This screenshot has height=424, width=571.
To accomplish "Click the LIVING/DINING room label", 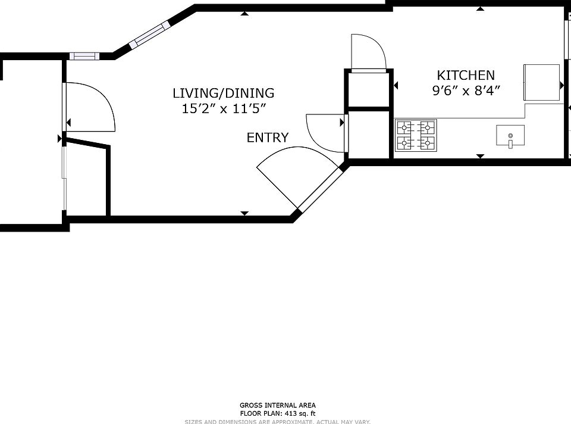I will pyautogui.click(x=223, y=93).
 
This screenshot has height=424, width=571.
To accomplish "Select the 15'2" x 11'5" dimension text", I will pyautogui.click(x=223, y=108).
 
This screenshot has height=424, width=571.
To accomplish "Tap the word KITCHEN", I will pyautogui.click(x=466, y=75).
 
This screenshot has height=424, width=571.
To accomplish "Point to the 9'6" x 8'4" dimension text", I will pyautogui.click(x=466, y=91).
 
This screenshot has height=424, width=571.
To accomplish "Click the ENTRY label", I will pyautogui.click(x=268, y=138).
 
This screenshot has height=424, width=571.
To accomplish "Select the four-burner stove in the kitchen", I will pyautogui.click(x=416, y=135).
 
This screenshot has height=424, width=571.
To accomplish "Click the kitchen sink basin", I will pyautogui.click(x=510, y=135).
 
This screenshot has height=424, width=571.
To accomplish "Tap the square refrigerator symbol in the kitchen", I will pyautogui.click(x=541, y=82).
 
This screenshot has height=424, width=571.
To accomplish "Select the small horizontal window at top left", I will pyautogui.click(x=83, y=56).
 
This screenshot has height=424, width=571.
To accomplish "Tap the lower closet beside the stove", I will pyautogui.click(x=370, y=135).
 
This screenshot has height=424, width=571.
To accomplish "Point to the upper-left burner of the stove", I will pyautogui.click(x=406, y=127).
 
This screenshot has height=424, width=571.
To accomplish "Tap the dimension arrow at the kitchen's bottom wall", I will pyautogui.click(x=480, y=156).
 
